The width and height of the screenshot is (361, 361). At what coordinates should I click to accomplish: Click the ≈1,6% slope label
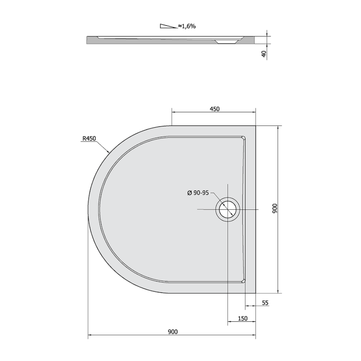pyautogui.click(x=187, y=26)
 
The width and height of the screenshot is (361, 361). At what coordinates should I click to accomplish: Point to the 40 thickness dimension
pyautogui.click(x=264, y=54)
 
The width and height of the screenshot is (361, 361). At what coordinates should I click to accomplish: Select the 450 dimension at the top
pyautogui.click(x=215, y=109)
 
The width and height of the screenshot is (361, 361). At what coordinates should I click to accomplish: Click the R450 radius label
pyautogui.click(x=89, y=139)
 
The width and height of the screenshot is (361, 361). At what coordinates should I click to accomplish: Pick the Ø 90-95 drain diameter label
pyautogui.click(x=198, y=193)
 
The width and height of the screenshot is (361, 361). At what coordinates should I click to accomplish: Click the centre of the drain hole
pyautogui.click(x=227, y=209)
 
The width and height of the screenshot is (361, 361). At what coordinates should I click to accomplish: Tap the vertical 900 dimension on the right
pyautogui.click(x=275, y=208)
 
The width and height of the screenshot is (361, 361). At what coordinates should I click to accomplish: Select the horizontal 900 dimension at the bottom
pyautogui.click(x=173, y=332)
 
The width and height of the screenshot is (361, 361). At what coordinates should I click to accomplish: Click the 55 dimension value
pyautogui.click(x=265, y=303)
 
